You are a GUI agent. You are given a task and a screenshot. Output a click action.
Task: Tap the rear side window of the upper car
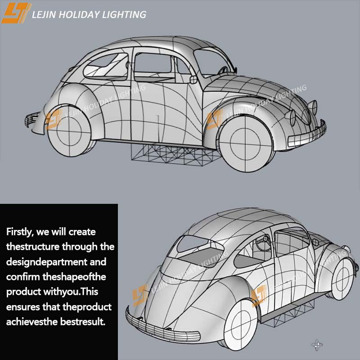click(x=107, y=65)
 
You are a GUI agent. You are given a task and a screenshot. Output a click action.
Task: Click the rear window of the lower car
click(x=195, y=245)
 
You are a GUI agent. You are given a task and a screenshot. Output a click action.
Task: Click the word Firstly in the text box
click(x=20, y=232)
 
